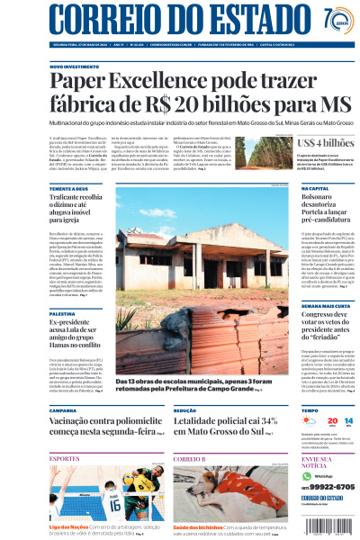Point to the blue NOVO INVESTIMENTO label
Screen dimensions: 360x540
tap(75, 67)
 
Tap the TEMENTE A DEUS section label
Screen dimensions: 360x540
tap(69, 190)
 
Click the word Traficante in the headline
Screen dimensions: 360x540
tap(72, 199)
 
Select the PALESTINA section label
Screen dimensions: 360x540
tap(64, 311)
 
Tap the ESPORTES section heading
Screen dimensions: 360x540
tap(65, 458)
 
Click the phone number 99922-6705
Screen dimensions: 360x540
tap(311, 487)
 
